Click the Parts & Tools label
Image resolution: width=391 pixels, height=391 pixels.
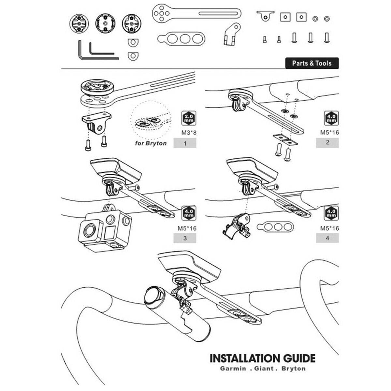(x=311, y=63)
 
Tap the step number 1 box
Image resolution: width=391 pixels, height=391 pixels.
(x=185, y=143)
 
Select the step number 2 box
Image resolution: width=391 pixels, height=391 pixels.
(x=327, y=142)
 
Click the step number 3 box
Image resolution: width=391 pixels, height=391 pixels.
(x=185, y=238)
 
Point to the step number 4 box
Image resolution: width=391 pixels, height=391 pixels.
(x=327, y=238)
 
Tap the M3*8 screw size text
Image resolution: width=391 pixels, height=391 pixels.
(x=188, y=133)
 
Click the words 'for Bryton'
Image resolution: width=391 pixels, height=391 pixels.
(x=151, y=143)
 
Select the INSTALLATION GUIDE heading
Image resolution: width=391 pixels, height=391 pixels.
(x=263, y=358)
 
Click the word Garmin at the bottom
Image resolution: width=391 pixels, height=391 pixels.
(x=233, y=369)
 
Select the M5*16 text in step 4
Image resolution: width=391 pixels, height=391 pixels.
(x=330, y=228)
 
